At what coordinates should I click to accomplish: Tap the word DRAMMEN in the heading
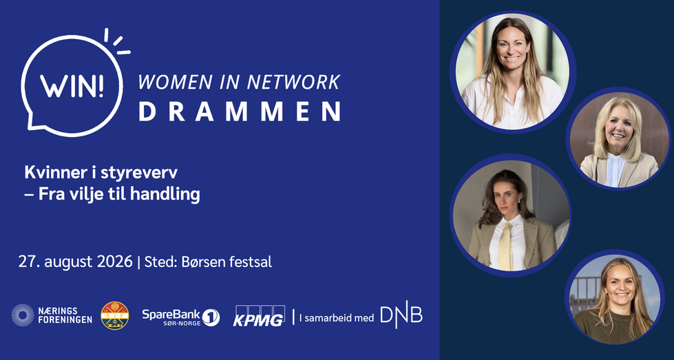(x=240, y=112)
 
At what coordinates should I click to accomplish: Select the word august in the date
(x=68, y=262)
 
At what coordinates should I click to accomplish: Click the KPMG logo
(x=259, y=316)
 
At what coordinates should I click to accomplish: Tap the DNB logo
(x=401, y=317)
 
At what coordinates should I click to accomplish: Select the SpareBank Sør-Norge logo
(x=181, y=317)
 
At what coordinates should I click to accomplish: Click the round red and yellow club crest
(x=115, y=316)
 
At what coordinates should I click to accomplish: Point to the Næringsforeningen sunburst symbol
(x=22, y=315)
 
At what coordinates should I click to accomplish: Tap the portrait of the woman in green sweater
(x=615, y=297)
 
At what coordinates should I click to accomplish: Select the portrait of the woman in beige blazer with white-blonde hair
(x=618, y=139)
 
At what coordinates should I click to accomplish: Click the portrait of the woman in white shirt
(x=512, y=72)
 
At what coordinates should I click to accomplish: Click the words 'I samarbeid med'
(x=337, y=318)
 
